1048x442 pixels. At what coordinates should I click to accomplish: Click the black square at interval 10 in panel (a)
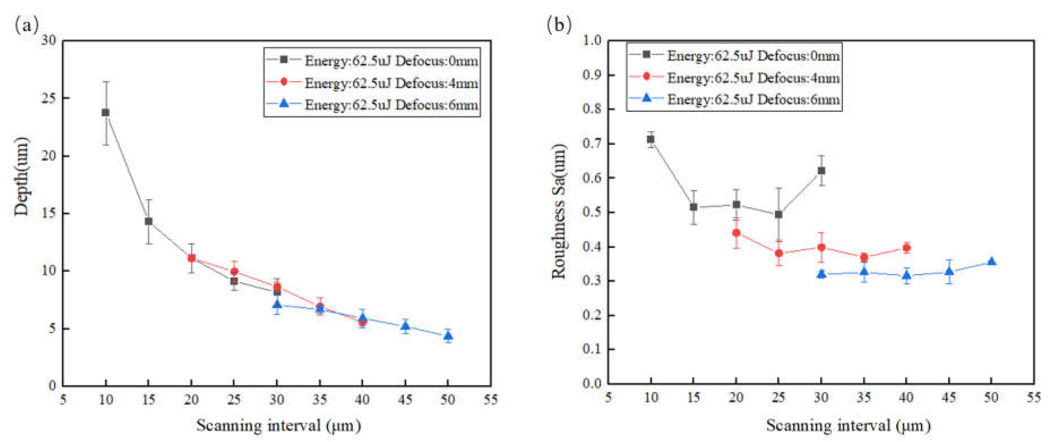point(106,112)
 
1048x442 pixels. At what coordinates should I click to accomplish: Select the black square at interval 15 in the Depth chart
point(149,221)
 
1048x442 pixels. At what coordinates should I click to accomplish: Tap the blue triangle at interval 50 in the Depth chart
point(448,336)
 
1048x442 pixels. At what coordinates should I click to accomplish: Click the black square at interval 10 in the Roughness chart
point(651,139)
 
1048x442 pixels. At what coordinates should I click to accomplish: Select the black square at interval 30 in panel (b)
point(821,171)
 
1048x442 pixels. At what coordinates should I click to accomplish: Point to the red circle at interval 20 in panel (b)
point(736,233)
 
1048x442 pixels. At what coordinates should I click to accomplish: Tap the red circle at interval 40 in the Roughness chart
point(906,248)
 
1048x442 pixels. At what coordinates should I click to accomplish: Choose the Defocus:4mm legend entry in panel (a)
point(391,83)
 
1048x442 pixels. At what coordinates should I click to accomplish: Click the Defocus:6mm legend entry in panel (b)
point(753,99)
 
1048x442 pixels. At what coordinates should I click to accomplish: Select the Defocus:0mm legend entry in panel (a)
point(391,61)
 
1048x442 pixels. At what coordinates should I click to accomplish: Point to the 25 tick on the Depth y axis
point(50,98)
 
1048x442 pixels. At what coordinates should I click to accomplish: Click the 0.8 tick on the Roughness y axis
point(592,109)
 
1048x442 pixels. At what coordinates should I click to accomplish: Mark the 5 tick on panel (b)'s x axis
point(608,397)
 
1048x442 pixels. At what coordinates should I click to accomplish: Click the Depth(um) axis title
point(21,176)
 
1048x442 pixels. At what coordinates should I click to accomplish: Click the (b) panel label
point(559,25)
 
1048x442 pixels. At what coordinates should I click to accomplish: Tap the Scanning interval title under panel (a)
point(279,426)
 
